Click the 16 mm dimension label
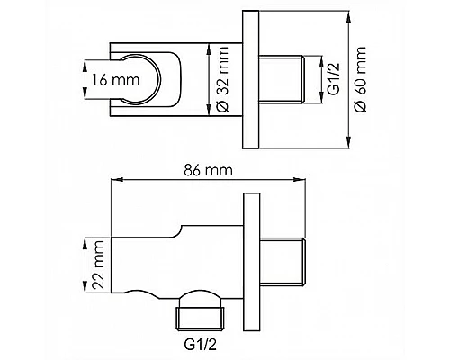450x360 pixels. (x=115, y=80)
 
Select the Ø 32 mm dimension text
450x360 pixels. (x=222, y=79)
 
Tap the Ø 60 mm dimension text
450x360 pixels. (x=360, y=79)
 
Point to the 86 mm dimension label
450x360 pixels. (x=208, y=170)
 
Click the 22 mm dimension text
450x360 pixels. (x=98, y=265)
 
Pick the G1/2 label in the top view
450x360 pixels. (x=334, y=79)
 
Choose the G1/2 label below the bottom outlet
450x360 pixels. (x=200, y=346)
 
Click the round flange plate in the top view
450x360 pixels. (x=250, y=79)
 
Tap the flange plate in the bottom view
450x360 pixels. (x=251, y=262)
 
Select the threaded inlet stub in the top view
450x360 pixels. (x=282, y=79)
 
